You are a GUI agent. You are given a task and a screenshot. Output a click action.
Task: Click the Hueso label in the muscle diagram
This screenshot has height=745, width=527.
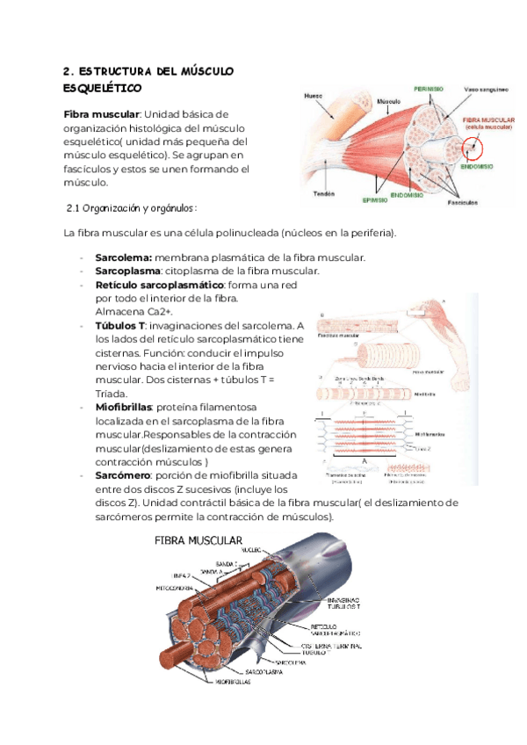(313, 96)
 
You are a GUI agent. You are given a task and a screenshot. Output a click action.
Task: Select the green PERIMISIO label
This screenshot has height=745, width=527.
(428, 89)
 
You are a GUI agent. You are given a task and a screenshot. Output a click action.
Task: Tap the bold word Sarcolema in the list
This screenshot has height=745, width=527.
(122, 257)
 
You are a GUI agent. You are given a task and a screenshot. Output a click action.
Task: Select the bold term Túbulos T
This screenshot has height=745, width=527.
(119, 326)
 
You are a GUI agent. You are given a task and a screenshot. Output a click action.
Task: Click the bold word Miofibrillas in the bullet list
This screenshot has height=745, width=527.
(123, 407)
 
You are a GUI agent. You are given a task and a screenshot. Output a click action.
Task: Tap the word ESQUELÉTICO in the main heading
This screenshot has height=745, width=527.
(103, 89)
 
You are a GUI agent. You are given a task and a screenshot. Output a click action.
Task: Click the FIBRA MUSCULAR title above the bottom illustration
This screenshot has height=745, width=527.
(199, 539)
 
